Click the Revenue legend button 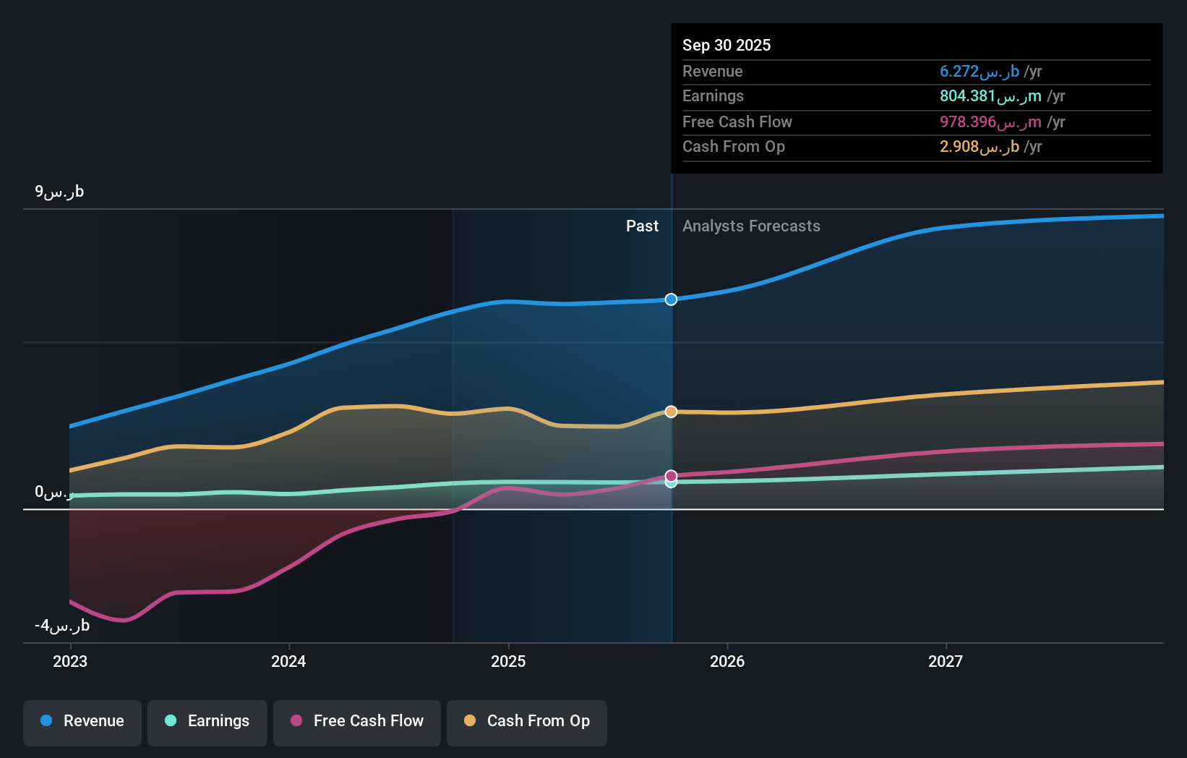[82, 721]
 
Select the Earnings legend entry [207, 721]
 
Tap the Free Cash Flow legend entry [357, 721]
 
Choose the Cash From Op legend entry [527, 721]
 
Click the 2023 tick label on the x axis [70, 661]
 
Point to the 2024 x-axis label [288, 661]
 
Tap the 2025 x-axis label [508, 661]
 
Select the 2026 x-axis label [727, 661]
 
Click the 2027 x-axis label [946, 661]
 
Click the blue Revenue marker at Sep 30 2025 [671, 299]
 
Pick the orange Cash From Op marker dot [671, 412]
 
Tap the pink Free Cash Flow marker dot [671, 475]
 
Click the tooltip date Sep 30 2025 [727, 45]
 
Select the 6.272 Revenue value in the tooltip [979, 71]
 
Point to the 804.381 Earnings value [990, 96]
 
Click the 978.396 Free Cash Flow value [990, 122]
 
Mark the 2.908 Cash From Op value [979, 147]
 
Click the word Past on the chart [642, 226]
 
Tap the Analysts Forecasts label [751, 226]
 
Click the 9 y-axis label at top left [59, 192]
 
